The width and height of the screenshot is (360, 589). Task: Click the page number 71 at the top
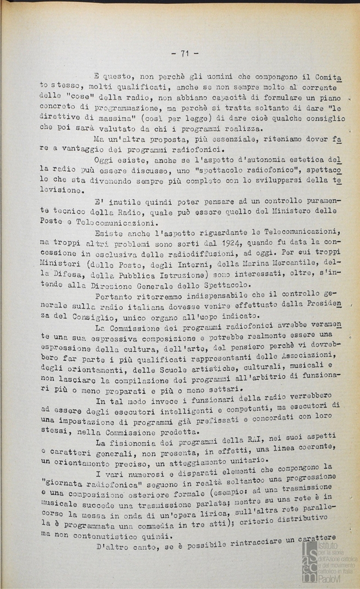click(184, 53)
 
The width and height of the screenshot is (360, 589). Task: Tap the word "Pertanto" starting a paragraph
click(114, 297)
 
